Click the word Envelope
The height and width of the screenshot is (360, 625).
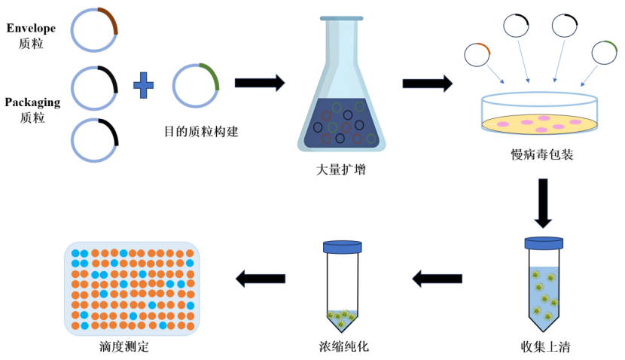(x=31, y=29)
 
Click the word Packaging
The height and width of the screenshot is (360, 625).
(x=32, y=102)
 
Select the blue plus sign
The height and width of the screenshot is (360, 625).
(x=144, y=85)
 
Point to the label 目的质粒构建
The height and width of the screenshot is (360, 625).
(x=201, y=132)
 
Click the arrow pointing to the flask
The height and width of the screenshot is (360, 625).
(x=260, y=83)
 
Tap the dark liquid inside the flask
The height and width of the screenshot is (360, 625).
(x=341, y=124)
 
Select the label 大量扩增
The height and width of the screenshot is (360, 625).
(x=341, y=169)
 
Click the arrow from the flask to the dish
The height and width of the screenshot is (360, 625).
(x=427, y=84)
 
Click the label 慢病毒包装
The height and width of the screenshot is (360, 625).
(x=542, y=154)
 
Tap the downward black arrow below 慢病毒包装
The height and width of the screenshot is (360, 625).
(x=543, y=203)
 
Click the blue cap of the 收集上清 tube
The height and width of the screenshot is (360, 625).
(x=544, y=243)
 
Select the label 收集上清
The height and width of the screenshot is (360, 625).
(x=545, y=346)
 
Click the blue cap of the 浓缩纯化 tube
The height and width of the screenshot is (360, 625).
(x=343, y=247)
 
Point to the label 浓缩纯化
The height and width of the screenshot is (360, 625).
(x=344, y=346)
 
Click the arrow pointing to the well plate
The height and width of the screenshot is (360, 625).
(x=261, y=278)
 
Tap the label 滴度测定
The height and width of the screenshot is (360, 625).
(x=124, y=346)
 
